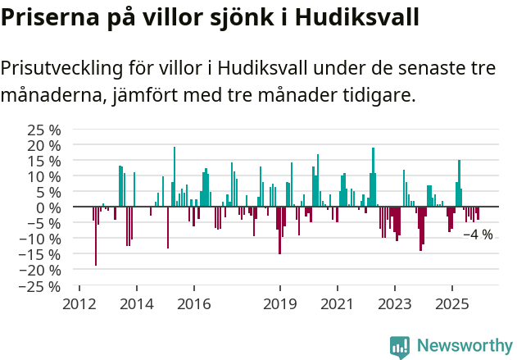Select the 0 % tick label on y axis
click(48, 207)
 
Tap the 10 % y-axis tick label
click(43, 176)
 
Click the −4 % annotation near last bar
click(478, 235)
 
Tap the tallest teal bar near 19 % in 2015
click(175, 177)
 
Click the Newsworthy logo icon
click(400, 346)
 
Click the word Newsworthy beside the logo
click(465, 346)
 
